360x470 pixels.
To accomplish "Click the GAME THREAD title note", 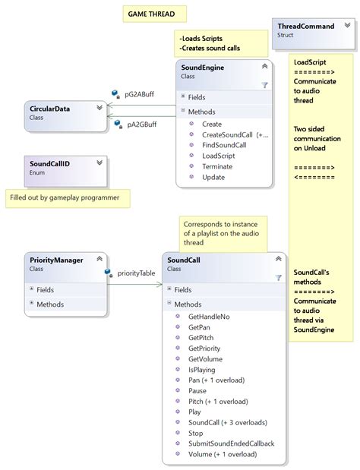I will point(153,14).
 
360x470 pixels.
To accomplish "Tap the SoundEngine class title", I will point(203,67).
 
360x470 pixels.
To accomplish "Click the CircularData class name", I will point(49,109).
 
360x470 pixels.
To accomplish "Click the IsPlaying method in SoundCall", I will point(202,369).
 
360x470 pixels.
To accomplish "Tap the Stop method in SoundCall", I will point(195,433).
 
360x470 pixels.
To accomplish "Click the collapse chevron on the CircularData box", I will point(99,108).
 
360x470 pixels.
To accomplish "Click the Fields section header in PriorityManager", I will point(46,289).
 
